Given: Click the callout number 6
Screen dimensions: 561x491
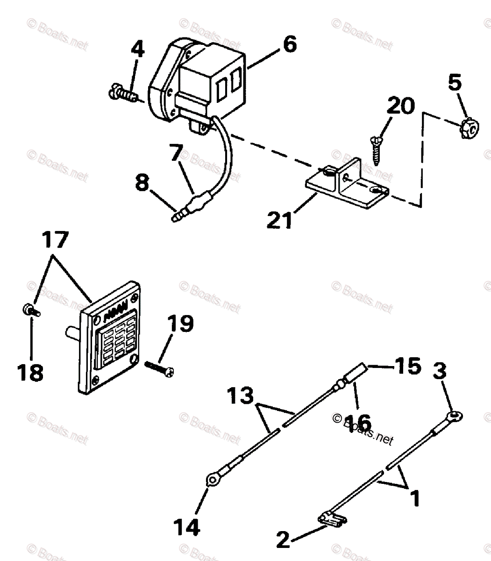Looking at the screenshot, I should (289, 45).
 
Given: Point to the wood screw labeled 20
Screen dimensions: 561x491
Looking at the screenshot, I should (376, 149).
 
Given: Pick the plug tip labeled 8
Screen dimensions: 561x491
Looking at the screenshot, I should (178, 216).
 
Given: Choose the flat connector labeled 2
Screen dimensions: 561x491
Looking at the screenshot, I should (332, 519).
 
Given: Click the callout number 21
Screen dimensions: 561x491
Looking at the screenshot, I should (279, 219).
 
